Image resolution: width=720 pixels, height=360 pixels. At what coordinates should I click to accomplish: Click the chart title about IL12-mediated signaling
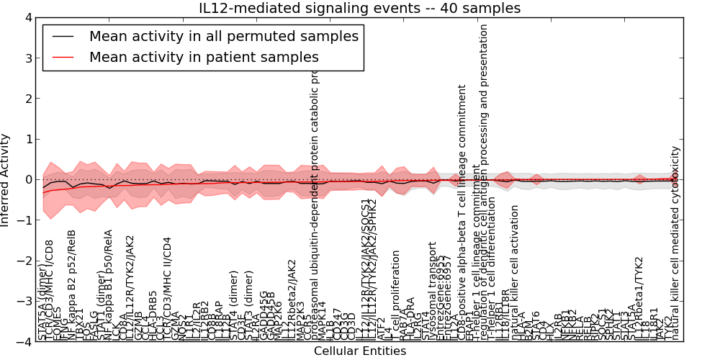coord(359,8)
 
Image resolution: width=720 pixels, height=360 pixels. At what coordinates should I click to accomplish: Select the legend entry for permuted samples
coord(223,37)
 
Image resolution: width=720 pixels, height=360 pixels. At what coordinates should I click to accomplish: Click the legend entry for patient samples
coord(204,57)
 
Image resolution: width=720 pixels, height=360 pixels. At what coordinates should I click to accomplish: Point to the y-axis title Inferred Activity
coord(6,180)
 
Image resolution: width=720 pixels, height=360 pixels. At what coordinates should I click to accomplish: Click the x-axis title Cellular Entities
coord(359,351)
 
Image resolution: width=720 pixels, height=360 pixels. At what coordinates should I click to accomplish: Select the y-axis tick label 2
coord(27,99)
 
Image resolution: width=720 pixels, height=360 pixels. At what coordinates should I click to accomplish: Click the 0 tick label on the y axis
coord(27,180)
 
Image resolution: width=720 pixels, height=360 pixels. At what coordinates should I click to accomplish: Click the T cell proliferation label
coord(395,295)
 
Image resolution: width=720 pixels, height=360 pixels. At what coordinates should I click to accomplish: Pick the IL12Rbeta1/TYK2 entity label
coord(639,299)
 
